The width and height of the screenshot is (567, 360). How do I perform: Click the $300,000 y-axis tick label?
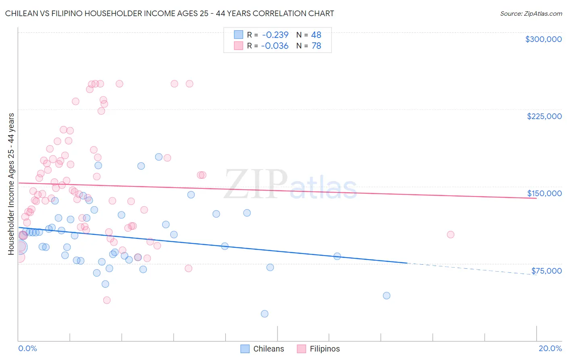(x=543, y=39)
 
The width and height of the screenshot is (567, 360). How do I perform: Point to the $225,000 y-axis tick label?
(x=544, y=116)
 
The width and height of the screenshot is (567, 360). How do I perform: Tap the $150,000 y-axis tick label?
(x=544, y=193)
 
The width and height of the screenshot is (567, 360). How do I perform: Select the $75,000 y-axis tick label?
(x=546, y=271)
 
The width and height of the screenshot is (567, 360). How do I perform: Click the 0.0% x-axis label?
(x=27, y=348)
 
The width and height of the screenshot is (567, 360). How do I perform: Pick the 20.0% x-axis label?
(x=550, y=348)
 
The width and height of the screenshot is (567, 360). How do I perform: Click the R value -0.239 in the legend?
(x=275, y=35)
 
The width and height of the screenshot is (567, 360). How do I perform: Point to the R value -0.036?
(x=275, y=46)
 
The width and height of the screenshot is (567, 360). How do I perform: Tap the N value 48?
(x=316, y=35)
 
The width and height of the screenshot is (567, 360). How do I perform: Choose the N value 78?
(x=316, y=46)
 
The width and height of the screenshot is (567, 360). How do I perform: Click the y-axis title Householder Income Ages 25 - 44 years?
(x=11, y=184)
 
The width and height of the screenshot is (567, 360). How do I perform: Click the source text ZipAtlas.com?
(x=531, y=14)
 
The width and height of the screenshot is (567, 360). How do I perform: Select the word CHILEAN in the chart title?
(x=23, y=13)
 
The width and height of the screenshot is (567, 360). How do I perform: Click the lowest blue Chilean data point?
(x=265, y=314)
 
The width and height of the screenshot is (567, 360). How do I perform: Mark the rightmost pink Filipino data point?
(x=450, y=234)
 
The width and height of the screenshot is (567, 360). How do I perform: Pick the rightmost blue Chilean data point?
(x=386, y=295)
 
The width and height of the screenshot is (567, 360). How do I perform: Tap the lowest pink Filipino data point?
(x=107, y=300)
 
